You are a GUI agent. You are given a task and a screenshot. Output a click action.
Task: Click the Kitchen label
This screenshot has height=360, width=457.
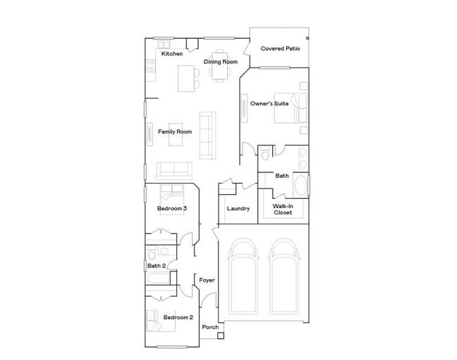click(172, 54)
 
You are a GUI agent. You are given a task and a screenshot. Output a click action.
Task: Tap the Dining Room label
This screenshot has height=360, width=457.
click(221, 62)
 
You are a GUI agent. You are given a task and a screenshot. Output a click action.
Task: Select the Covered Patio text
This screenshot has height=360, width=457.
click(281, 49)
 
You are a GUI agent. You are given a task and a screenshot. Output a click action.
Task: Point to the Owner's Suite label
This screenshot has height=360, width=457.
click(270, 103)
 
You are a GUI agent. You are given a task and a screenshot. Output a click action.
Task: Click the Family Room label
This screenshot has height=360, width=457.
click(175, 131)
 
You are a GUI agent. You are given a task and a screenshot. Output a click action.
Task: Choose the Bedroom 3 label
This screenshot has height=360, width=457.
click(172, 208)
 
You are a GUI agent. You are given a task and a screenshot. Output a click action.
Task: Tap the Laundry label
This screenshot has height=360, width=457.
click(238, 208)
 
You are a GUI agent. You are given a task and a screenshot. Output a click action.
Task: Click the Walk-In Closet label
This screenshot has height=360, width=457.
click(283, 209)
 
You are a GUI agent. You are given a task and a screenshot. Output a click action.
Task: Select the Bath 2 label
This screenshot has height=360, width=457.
click(156, 266)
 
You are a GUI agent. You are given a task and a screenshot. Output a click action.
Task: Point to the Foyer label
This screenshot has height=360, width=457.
click(207, 280)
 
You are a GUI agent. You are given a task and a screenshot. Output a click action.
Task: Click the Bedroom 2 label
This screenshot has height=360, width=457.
click(177, 317)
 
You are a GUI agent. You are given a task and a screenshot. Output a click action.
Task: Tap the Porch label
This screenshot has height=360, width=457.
click(210, 327)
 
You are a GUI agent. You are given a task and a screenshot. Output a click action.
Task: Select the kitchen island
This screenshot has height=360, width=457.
click(186, 77)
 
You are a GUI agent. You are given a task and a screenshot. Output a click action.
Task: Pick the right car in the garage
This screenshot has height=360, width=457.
click(285, 278)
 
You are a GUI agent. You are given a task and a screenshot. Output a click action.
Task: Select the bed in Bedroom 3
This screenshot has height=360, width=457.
click(172, 193)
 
